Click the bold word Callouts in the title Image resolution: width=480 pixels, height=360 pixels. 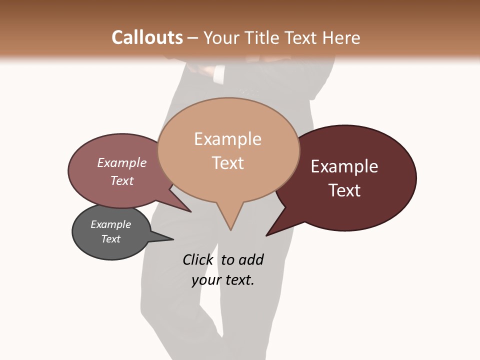(x=147, y=37)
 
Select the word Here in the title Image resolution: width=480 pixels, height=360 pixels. (x=341, y=37)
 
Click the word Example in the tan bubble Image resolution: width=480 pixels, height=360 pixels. (x=227, y=139)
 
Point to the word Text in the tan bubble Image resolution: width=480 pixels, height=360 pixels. (x=227, y=163)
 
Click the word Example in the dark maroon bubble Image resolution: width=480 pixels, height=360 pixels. (x=344, y=166)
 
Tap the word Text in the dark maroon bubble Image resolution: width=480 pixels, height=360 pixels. (x=344, y=190)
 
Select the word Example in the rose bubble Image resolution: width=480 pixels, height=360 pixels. (x=122, y=162)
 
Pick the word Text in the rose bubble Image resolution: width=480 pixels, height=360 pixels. (x=122, y=180)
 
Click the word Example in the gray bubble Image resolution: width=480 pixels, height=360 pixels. (x=110, y=224)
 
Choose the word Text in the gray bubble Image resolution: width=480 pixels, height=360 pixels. (x=110, y=239)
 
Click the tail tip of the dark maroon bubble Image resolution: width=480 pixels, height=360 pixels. (x=266, y=235)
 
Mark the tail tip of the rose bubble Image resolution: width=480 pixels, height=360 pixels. (x=190, y=211)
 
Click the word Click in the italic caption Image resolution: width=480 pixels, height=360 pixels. (x=198, y=259)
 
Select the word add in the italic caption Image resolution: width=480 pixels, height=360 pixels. (x=251, y=259)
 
